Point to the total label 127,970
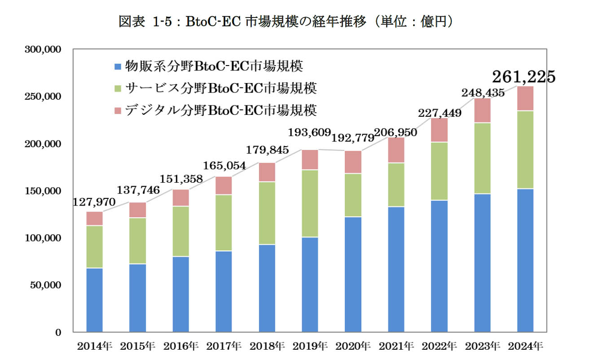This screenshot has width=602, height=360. click(94, 202)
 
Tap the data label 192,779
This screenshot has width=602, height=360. click(353, 137)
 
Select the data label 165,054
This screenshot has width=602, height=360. click(224, 166)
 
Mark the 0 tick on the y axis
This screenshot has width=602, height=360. click(58, 333)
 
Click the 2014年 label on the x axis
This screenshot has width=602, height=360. click(94, 346)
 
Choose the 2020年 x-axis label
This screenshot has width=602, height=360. click(353, 346)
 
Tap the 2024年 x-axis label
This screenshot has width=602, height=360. click(525, 346)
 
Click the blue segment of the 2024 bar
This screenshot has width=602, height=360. click(525, 260)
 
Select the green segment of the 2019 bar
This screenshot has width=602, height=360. click(310, 203)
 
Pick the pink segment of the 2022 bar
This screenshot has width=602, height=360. click(439, 130)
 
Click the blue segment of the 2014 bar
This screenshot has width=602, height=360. click(94, 300)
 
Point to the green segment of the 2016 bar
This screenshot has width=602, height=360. click(180, 231)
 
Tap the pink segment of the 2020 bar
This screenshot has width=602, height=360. click(353, 162)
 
